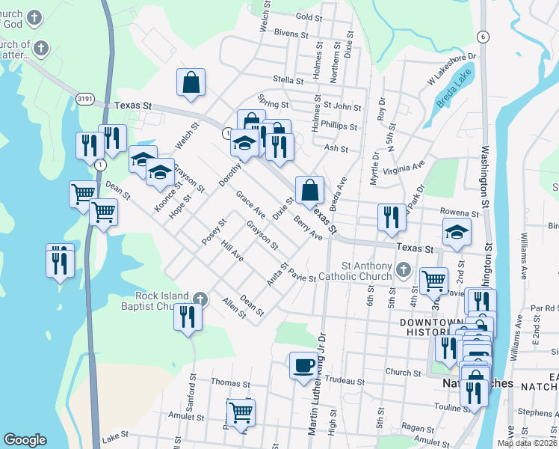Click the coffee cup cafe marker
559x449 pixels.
click(x=303, y=366)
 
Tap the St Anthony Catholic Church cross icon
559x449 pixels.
click(x=404, y=267)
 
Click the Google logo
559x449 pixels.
click(x=25, y=440)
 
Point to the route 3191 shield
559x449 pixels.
click(x=86, y=97)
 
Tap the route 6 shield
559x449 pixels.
click(x=484, y=37)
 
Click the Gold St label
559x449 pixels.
click(x=309, y=16)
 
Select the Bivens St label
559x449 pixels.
click(x=291, y=34)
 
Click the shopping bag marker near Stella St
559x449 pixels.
click(x=191, y=83)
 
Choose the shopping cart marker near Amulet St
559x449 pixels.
click(x=241, y=412)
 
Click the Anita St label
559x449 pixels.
click(x=277, y=273)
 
